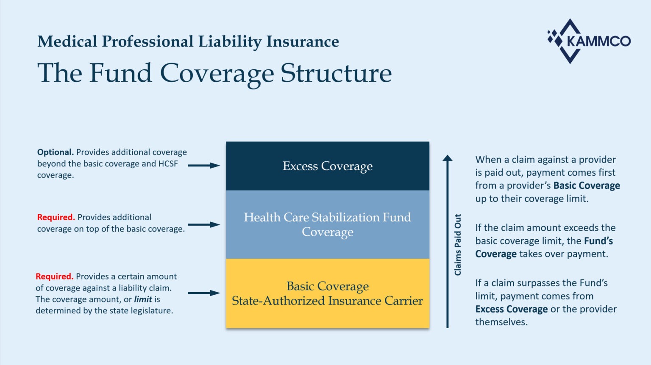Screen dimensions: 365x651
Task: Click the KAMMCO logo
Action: pyautogui.click(x=589, y=41)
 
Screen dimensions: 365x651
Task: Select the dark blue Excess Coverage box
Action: pyautogui.click(x=327, y=166)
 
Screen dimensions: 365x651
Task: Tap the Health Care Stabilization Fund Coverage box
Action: pyautogui.click(x=327, y=224)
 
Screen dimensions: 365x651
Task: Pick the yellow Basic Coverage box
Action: pyautogui.click(x=327, y=293)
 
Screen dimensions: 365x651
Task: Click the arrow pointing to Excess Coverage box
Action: pyautogui.click(x=204, y=166)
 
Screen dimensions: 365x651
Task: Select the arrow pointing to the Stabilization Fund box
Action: pyautogui.click(x=204, y=224)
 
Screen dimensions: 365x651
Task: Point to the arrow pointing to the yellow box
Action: pyautogui.click(x=204, y=293)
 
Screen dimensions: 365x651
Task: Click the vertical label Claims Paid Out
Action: pyautogui.click(x=458, y=245)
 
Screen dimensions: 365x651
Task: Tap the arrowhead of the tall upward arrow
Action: pyautogui.click(x=448, y=158)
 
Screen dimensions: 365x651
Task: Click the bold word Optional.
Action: pyautogui.click(x=55, y=152)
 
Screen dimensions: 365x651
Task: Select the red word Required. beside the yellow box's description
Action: pyautogui.click(x=54, y=277)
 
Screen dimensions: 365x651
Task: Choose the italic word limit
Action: pyautogui.click(x=143, y=299)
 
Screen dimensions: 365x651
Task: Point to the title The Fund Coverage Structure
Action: pyautogui.click(x=214, y=73)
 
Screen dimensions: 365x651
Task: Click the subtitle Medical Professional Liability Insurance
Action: pyautogui.click(x=188, y=41)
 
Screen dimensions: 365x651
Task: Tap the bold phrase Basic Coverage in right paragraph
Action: pyautogui.click(x=587, y=185)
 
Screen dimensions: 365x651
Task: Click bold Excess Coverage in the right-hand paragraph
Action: pyautogui.click(x=512, y=309)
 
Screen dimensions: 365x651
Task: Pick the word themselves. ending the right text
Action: pyautogui.click(x=501, y=322)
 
